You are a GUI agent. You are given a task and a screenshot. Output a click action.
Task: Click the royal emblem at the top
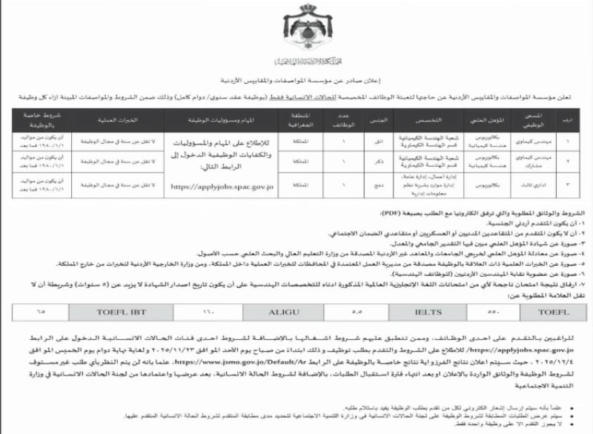tap(296, 30)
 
